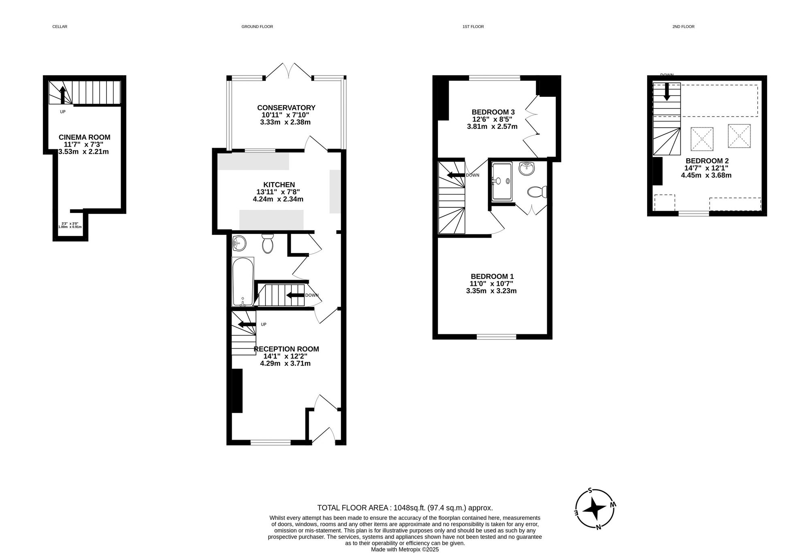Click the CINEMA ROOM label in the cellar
pyautogui.click(x=84, y=137)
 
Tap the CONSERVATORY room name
pyautogui.click(x=286, y=108)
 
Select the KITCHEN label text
pyautogui.click(x=279, y=185)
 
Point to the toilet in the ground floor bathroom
pyautogui.click(x=267, y=244)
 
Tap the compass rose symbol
pyautogui.click(x=595, y=509)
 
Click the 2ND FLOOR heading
pyautogui.click(x=683, y=27)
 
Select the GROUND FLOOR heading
pyautogui.click(x=257, y=27)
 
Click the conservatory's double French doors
pyautogui.click(x=288, y=71)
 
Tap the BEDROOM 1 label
pyautogui.click(x=492, y=276)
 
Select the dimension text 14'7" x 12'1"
pyautogui.click(x=706, y=168)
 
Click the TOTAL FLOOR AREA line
pyautogui.click(x=405, y=508)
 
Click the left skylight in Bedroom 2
pyautogui.click(x=702, y=139)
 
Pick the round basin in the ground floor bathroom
pyautogui.click(x=239, y=244)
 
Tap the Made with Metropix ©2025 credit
pyautogui.click(x=405, y=549)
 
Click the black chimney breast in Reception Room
pyautogui.click(x=237, y=391)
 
